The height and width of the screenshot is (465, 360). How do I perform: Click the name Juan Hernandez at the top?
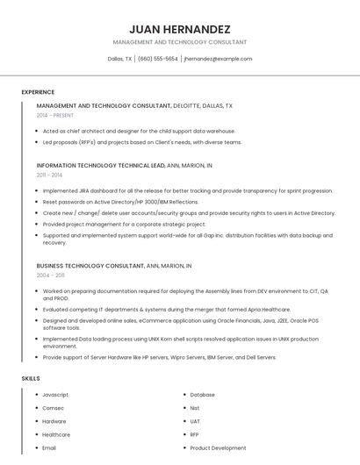[180, 28]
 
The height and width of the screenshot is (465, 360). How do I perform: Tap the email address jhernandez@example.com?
[218, 59]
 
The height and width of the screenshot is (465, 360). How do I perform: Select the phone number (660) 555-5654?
[158, 59]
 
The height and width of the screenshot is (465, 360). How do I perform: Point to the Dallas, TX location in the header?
[119, 59]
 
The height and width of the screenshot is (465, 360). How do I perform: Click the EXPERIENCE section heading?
[38, 92]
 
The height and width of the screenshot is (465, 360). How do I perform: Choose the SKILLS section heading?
[31, 378]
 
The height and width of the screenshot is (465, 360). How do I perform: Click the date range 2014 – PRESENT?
[55, 115]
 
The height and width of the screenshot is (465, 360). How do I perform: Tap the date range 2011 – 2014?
[49, 175]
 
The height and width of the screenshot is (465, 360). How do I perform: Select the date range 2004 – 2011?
[50, 275]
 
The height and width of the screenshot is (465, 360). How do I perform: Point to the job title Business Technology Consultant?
[90, 265]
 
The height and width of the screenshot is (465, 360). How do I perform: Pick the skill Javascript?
[55, 395]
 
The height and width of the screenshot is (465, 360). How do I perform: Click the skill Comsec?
[53, 408]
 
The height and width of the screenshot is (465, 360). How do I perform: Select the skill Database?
[203, 395]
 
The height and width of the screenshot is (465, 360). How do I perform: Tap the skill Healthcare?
[56, 434]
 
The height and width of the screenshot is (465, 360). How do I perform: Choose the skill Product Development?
[218, 447]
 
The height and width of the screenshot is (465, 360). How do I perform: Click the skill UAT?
[196, 421]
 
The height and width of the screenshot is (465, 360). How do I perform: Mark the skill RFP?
[195, 434]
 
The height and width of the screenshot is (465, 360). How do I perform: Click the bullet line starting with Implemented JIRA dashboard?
[187, 190]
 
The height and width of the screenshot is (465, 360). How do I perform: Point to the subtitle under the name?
[180, 42]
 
